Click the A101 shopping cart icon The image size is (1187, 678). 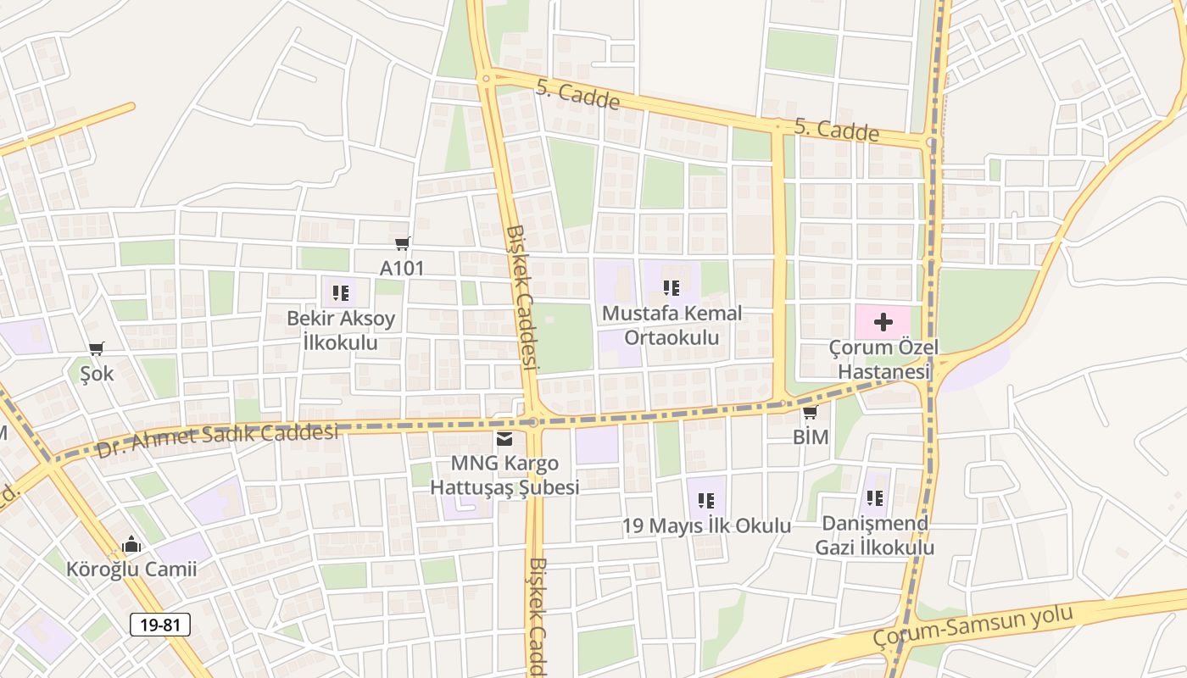click(403, 244)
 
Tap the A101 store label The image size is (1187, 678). click(402, 269)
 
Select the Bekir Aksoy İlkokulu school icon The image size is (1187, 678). click(341, 293)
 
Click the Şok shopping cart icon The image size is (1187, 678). click(97, 349)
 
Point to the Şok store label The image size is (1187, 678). click(97, 374)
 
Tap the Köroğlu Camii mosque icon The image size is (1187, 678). click(131, 544)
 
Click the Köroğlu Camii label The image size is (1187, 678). click(131, 569)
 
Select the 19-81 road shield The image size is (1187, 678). click(160, 625)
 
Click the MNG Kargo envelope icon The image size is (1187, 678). click(504, 439)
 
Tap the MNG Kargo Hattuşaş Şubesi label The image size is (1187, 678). click(504, 475)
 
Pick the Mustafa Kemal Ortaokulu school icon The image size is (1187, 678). click(672, 288)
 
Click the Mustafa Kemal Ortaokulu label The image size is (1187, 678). click(672, 325)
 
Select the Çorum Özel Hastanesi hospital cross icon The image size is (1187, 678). click(883, 322)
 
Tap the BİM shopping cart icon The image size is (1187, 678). click(811, 413)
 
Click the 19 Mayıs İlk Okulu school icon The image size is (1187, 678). click(706, 501)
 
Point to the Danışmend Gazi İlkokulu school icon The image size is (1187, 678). click(875, 498)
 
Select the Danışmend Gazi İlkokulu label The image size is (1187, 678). click(875, 535)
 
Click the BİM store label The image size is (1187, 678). click(811, 437)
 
